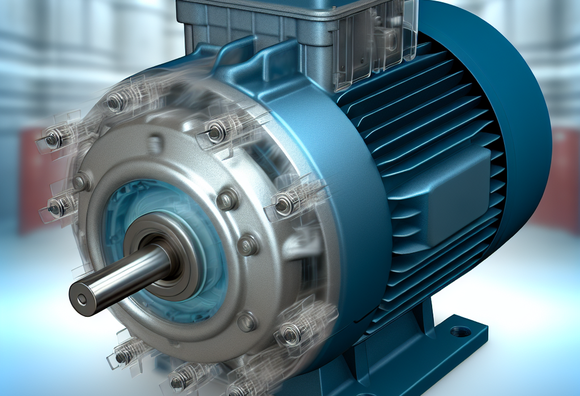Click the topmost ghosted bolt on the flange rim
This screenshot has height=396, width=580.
point(116,102)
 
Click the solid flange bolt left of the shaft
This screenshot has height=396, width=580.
point(81,182)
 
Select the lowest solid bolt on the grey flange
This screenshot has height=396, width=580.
point(247,321)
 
